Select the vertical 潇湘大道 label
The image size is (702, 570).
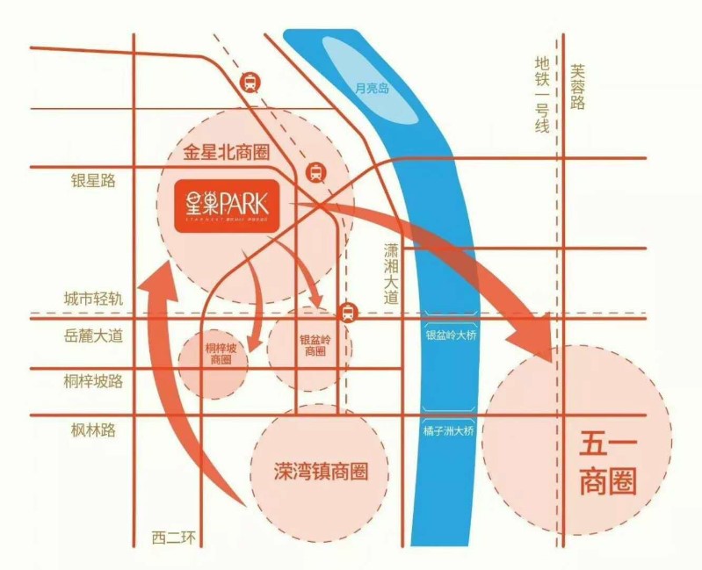click(391, 272)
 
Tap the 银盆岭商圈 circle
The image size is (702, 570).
click(313, 345)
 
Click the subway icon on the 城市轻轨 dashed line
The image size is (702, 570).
click(348, 312)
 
